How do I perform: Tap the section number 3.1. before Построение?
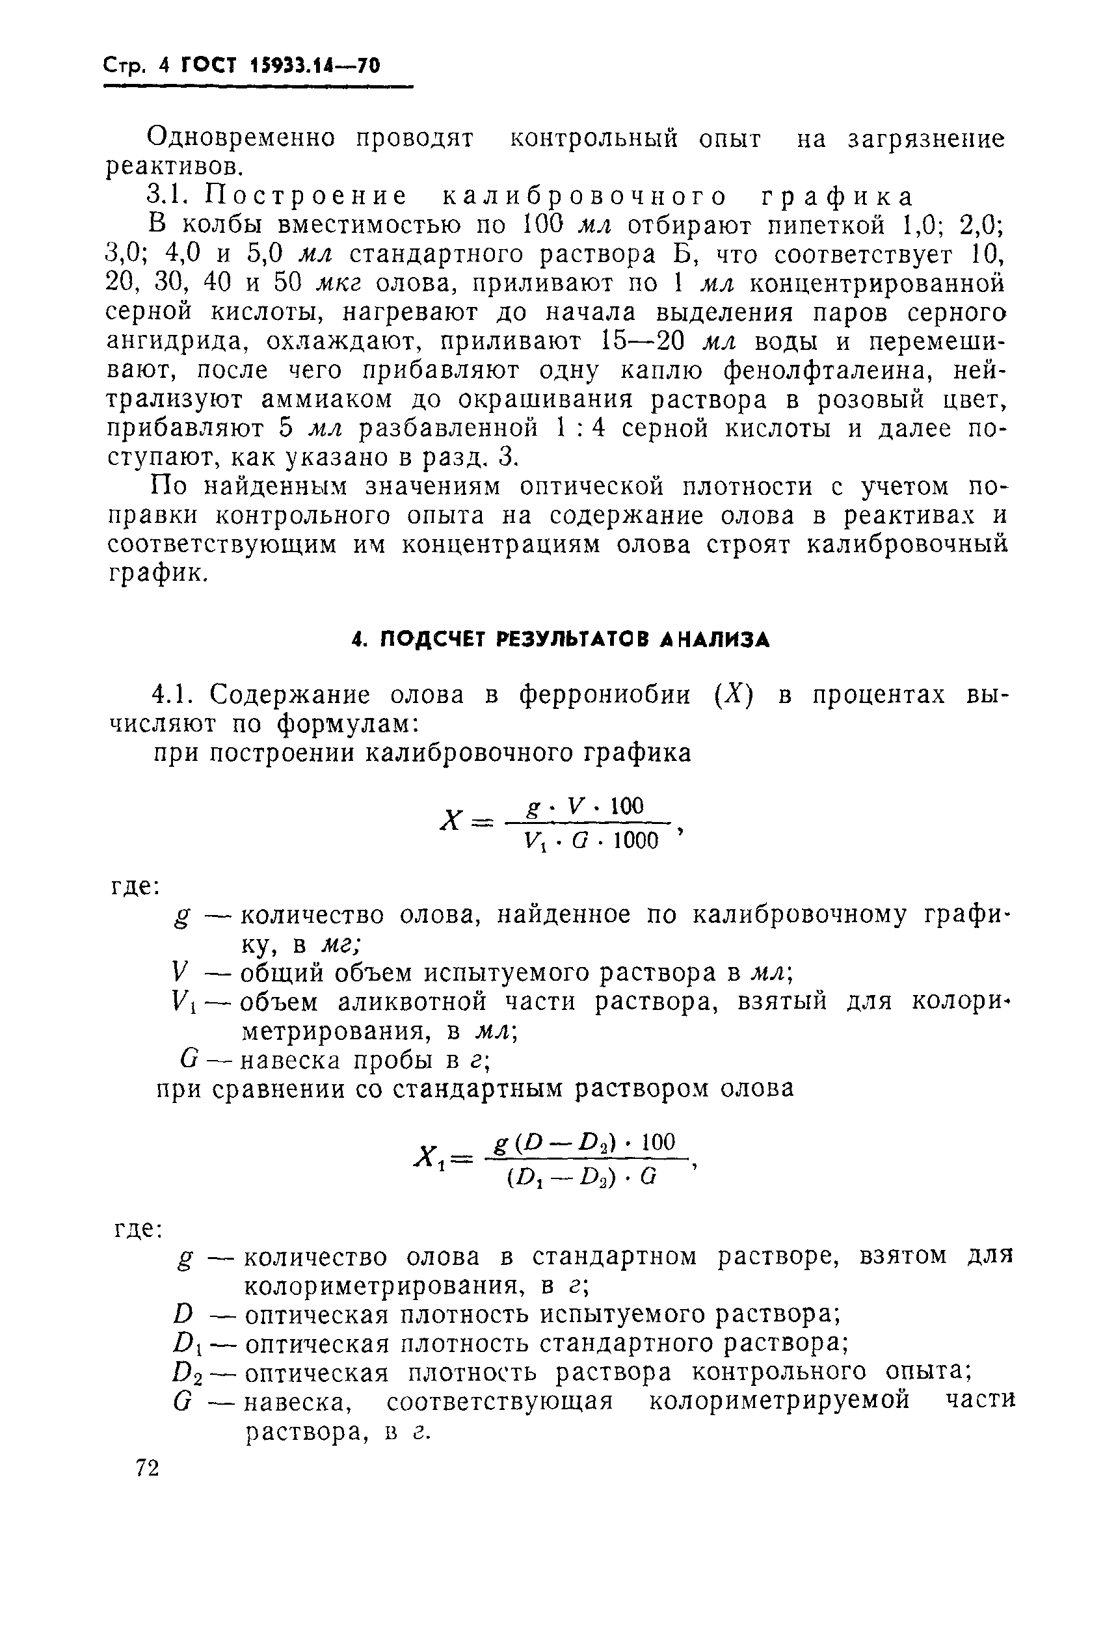pos(168,196)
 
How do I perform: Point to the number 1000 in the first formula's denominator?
pos(635,841)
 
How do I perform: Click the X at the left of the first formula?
pos(451,820)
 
